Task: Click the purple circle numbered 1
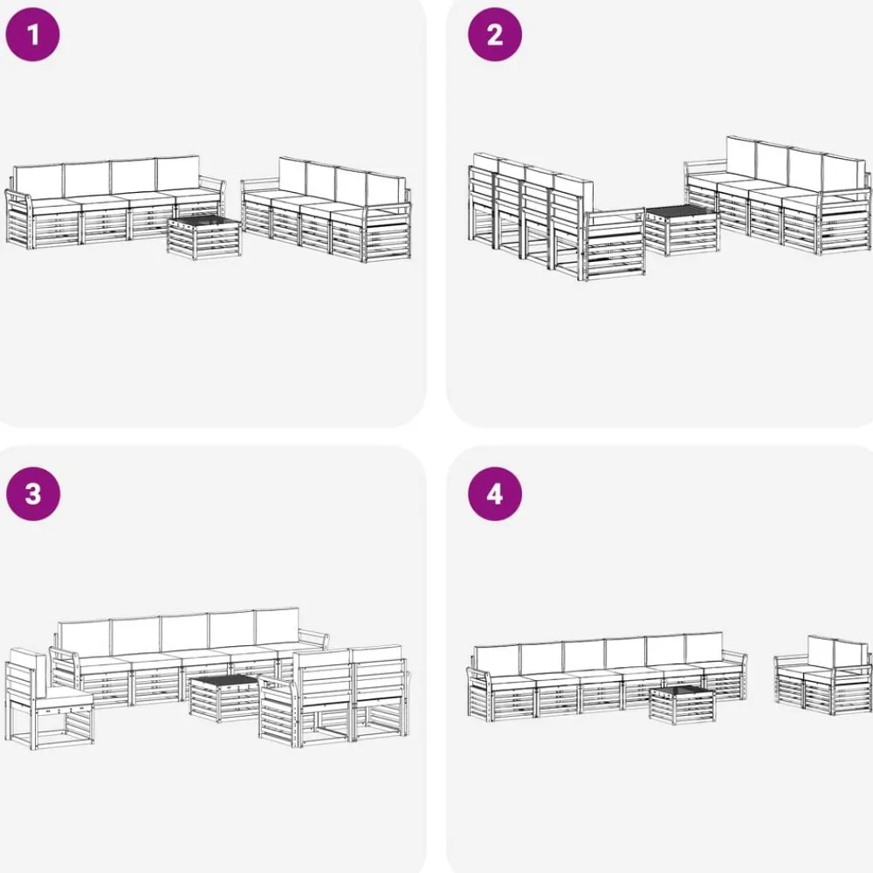[x=32, y=35]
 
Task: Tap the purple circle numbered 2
[x=495, y=35]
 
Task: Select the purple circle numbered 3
[x=33, y=494]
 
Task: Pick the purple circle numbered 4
[x=495, y=494]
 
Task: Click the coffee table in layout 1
[x=204, y=237]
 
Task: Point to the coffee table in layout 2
[x=681, y=230]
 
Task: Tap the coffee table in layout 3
[x=225, y=698]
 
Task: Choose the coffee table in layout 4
[x=682, y=705]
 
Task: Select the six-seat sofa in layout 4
[x=607, y=676]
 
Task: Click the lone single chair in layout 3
[x=50, y=698]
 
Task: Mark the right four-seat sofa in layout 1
[x=327, y=210]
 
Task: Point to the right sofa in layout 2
[x=777, y=195]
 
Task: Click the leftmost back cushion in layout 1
[x=38, y=179]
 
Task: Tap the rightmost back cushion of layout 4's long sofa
[x=704, y=648]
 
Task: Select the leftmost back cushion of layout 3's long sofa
[x=84, y=639]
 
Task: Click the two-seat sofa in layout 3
[x=334, y=696]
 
